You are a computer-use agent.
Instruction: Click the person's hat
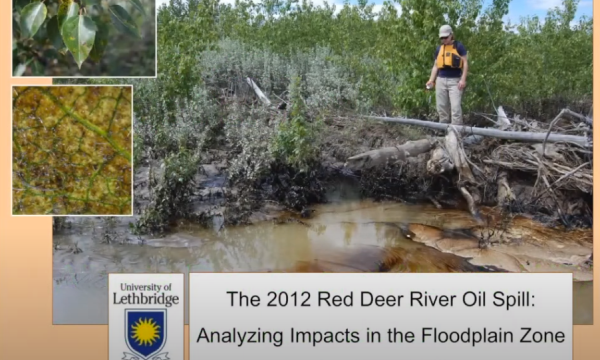point(445,30)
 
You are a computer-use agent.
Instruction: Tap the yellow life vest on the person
point(449,57)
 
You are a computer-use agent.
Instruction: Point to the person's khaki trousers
point(449,99)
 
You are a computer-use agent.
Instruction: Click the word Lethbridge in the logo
point(146,298)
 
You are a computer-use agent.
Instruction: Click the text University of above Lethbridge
point(146,285)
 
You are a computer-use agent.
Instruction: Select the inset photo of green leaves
point(84,38)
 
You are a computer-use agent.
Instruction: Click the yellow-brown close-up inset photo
point(72,150)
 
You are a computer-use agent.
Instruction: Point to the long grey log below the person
point(480,129)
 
